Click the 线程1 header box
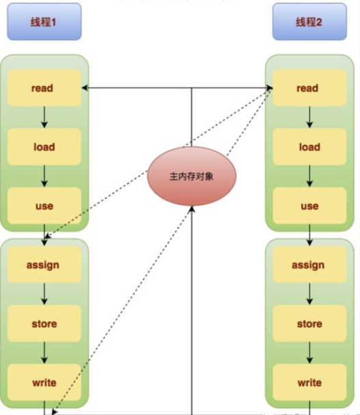(44, 22)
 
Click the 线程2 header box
(309, 22)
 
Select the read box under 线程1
(44, 88)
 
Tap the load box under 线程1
(44, 147)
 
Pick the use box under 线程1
(44, 206)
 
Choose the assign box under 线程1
(44, 265)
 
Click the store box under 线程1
(44, 323)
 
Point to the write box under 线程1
(44, 382)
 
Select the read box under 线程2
(309, 88)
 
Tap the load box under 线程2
(309, 147)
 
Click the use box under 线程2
(309, 206)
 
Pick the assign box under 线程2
(309, 265)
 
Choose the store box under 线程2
(309, 323)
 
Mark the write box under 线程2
(309, 382)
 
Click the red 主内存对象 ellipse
(192, 176)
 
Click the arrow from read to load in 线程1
(44, 118)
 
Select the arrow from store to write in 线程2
(309, 353)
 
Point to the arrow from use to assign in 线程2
(309, 235)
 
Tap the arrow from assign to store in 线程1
(44, 294)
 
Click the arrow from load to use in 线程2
(309, 176)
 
